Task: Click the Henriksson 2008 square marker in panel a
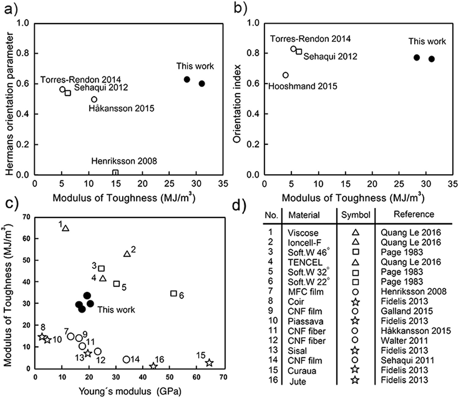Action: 115,173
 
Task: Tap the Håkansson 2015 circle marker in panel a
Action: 94,99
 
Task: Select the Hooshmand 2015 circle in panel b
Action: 285,75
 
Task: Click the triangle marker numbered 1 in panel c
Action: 66,228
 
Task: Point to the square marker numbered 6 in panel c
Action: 174,293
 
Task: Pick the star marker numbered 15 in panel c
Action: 209,363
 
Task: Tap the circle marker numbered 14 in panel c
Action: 126,359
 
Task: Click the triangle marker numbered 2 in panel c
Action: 127,254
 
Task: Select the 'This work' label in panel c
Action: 116,310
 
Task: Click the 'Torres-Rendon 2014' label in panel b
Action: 310,39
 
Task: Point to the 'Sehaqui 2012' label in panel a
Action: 101,87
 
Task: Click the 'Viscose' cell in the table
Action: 303,233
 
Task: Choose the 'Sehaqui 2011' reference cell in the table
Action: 407,360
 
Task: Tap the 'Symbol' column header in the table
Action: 356,215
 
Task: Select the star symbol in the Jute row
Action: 355,380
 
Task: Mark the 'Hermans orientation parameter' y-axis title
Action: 9,103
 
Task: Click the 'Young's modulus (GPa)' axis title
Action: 130,391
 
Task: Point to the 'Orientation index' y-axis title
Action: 237,103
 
